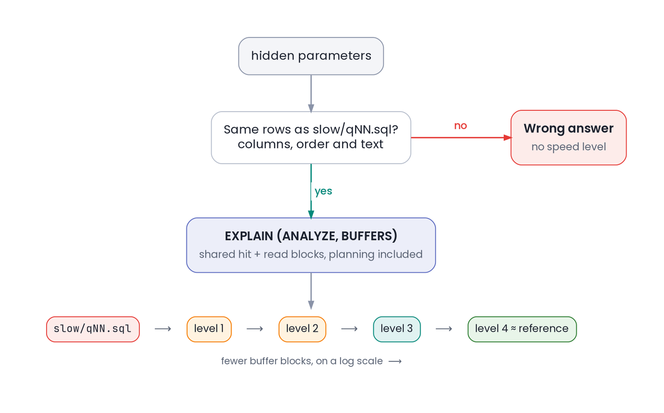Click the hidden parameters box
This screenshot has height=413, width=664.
click(311, 56)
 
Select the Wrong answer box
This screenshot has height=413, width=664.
click(568, 138)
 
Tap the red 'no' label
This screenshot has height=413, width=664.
click(460, 126)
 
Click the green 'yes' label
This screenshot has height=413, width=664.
click(323, 191)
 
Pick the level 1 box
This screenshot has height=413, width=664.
click(209, 329)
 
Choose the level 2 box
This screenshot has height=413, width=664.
click(302, 329)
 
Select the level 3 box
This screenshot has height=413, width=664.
click(397, 329)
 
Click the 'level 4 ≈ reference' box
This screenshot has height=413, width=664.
click(522, 329)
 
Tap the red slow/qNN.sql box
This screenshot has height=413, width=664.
click(93, 329)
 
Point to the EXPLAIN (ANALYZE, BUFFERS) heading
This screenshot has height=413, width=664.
click(311, 236)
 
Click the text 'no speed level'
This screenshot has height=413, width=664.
click(568, 147)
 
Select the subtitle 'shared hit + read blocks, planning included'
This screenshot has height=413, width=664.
click(311, 255)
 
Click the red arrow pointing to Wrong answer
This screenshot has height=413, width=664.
click(461, 138)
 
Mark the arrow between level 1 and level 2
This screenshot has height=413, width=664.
click(255, 329)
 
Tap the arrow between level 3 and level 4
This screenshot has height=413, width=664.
click(444, 329)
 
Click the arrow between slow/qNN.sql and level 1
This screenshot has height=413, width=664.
click(163, 329)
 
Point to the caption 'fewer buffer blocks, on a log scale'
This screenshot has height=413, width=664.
click(302, 361)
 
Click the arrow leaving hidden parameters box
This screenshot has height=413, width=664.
click(311, 93)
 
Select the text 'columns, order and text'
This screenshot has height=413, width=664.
click(310, 144)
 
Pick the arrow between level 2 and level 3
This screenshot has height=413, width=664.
click(350, 329)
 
